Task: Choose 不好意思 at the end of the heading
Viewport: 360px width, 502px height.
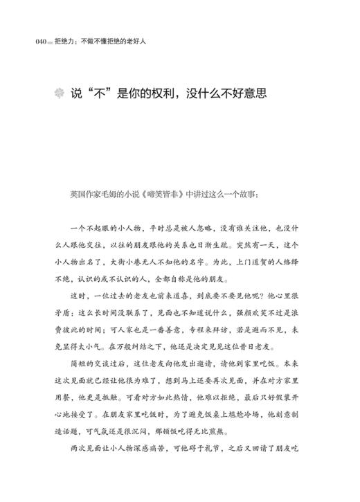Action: (242, 95)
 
